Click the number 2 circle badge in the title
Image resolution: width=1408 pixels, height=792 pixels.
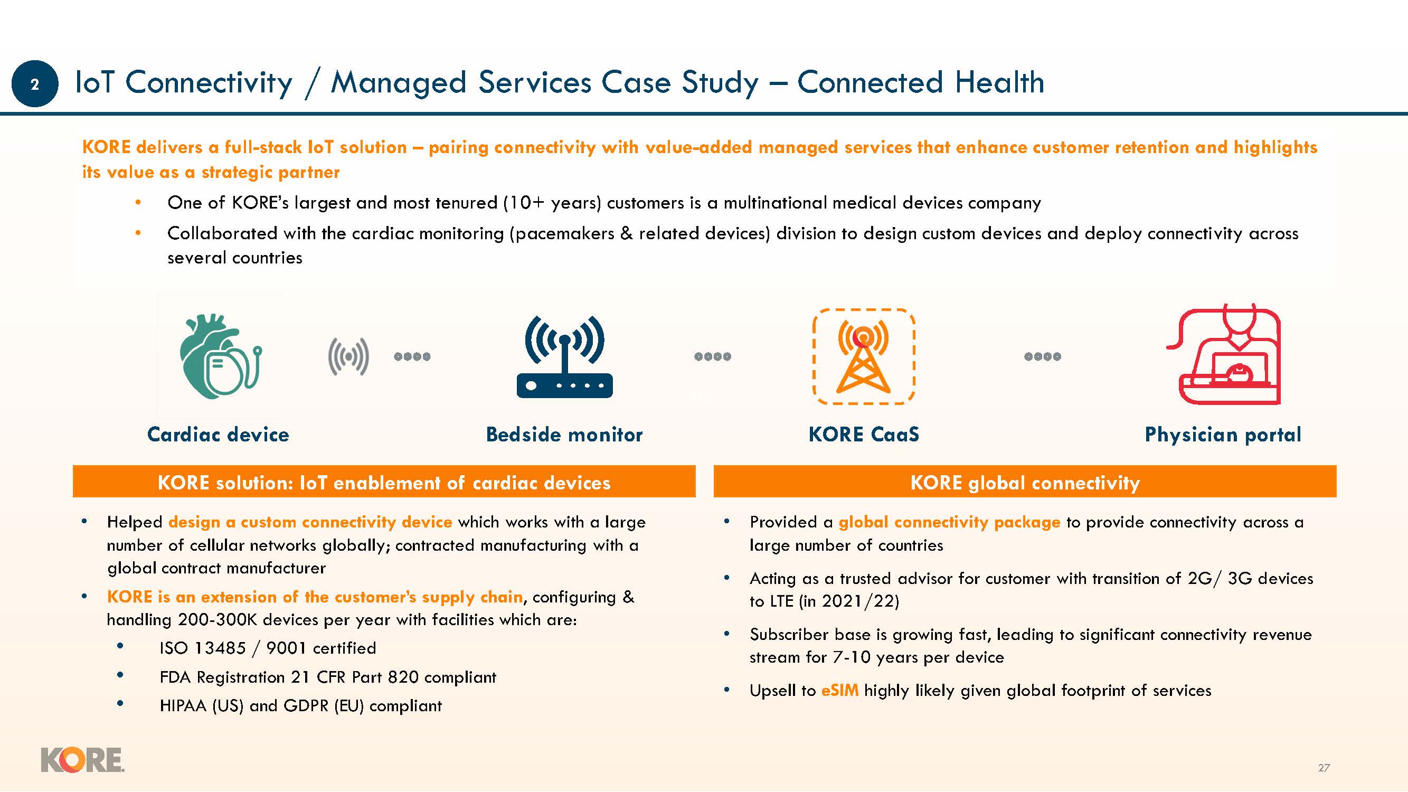coord(34,83)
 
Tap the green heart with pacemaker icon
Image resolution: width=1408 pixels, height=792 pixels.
coord(220,356)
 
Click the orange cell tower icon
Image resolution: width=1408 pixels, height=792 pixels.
coord(864,357)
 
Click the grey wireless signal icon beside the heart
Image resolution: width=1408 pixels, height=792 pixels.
coord(348,356)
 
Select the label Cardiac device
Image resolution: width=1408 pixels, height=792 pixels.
coord(218,435)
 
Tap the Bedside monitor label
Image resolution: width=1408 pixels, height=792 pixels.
coord(564,435)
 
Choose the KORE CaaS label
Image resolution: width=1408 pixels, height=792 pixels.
coord(864,435)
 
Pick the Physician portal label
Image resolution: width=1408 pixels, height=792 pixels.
coord(1223,435)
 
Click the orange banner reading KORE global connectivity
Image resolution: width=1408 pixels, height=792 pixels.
coord(1025,482)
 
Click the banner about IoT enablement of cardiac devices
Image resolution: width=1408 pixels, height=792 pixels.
coord(384,482)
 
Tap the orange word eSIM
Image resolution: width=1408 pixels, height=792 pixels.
coord(839,690)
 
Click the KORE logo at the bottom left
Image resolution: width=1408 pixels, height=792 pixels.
coord(82,760)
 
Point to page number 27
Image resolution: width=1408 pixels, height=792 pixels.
coord(1324,768)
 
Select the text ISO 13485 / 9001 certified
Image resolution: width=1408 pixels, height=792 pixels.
coord(268,648)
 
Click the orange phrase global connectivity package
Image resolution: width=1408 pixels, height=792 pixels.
coord(949,522)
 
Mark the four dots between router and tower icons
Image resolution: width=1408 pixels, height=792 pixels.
coord(712,356)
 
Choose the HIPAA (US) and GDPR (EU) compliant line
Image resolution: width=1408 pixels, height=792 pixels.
coord(300,705)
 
